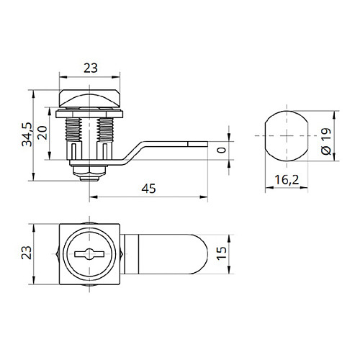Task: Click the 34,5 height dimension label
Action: (27, 135)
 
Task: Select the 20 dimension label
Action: (42, 132)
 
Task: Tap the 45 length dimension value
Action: (148, 189)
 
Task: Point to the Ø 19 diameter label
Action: (326, 141)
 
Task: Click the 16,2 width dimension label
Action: (287, 180)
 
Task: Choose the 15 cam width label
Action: (222, 253)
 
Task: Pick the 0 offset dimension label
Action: (221, 150)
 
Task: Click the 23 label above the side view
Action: (91, 68)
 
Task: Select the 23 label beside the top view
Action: (27, 253)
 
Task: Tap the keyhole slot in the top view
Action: (89, 254)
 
